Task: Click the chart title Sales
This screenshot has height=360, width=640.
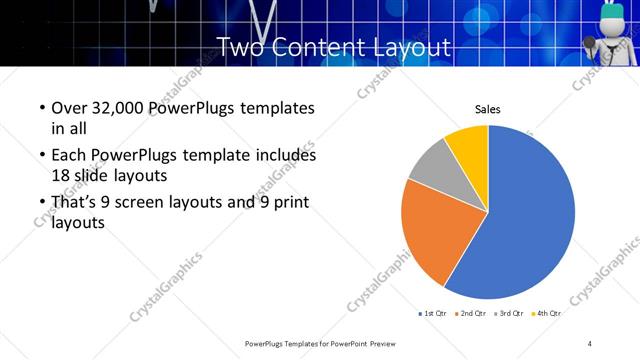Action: [487, 110]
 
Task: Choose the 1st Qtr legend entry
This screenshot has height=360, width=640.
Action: [432, 314]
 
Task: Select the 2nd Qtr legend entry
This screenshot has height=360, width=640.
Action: [470, 314]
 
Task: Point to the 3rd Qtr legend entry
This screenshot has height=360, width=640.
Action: [509, 314]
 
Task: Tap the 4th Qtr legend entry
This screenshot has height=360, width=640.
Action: [547, 314]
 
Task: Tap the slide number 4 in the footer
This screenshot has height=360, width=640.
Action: [590, 344]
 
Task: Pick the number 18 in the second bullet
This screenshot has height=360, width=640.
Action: [60, 174]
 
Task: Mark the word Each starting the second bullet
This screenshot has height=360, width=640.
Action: [67, 156]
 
